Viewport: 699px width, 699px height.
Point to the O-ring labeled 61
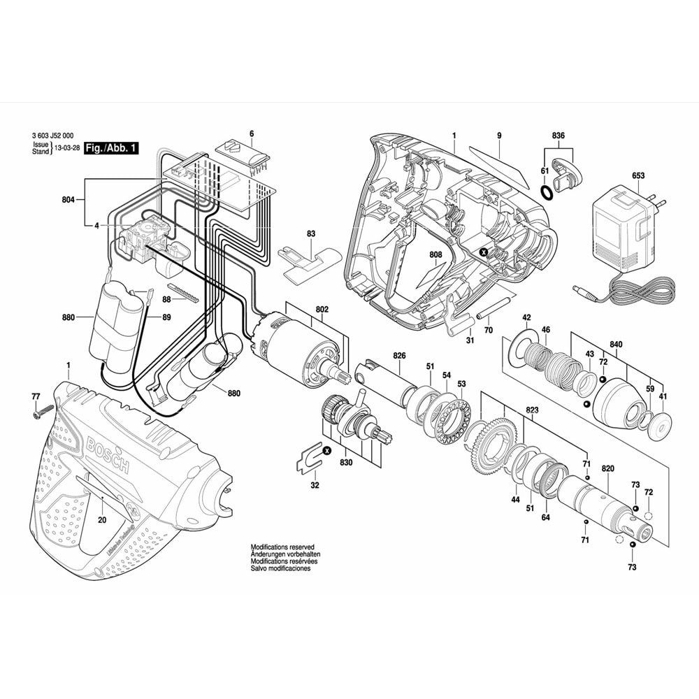[x=549, y=192]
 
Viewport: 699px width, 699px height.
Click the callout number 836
[x=558, y=135]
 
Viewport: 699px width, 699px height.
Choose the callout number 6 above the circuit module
[x=252, y=134]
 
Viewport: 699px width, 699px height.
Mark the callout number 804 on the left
[x=67, y=201]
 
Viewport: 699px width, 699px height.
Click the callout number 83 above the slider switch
[x=311, y=234]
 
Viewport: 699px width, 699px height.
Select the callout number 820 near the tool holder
[x=607, y=468]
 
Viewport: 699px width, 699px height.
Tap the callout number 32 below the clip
[x=315, y=485]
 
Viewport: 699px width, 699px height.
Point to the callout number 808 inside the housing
[x=436, y=257]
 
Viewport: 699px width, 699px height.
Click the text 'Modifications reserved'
[x=282, y=547]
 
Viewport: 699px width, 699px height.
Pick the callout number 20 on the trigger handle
[x=102, y=519]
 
